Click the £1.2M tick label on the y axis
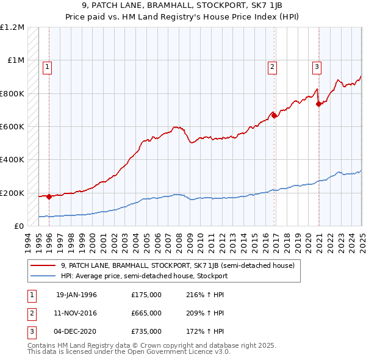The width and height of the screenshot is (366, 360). (x=12, y=27)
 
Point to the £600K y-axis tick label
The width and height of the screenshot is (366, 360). (x=12, y=127)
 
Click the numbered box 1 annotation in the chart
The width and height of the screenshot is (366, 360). (x=48, y=67)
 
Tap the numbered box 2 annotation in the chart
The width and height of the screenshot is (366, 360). (x=272, y=67)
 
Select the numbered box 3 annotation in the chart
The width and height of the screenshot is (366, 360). (x=317, y=67)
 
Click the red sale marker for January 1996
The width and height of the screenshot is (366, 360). (x=49, y=197)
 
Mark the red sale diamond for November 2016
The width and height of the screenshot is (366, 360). (x=274, y=115)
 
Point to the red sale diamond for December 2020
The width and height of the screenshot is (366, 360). (x=318, y=104)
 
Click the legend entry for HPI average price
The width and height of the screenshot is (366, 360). (x=144, y=276)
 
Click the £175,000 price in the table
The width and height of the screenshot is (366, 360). (x=146, y=295)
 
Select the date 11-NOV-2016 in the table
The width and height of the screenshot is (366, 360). (x=76, y=313)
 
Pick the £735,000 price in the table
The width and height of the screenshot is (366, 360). (x=146, y=331)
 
